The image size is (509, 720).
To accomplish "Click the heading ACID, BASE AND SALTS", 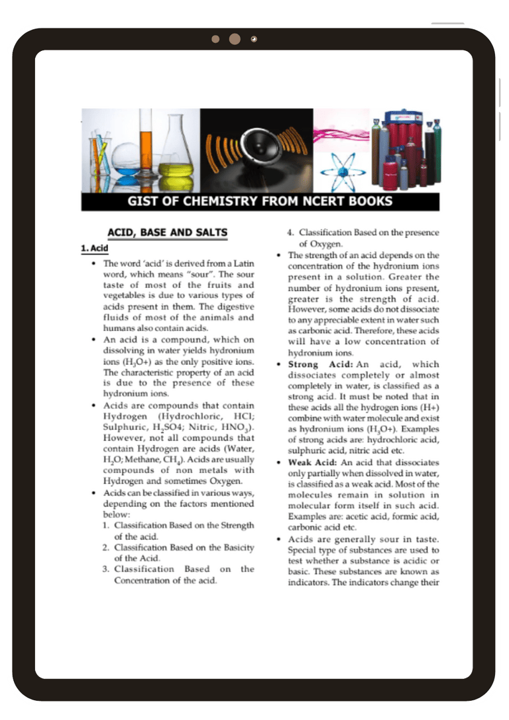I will point(167,232).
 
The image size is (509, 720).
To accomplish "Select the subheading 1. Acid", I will point(95,248).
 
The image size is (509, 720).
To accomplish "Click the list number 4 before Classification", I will point(290,232).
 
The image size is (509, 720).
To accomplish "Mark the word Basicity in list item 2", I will point(237,547).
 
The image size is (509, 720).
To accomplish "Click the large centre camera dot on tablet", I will point(235,39).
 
